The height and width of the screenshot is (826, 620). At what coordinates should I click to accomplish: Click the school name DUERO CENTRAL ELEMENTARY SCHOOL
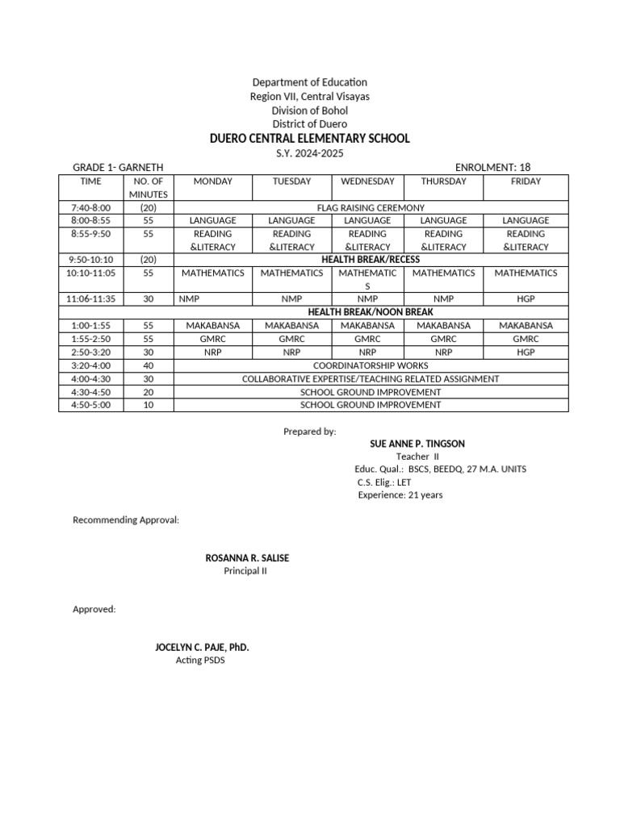coord(310,139)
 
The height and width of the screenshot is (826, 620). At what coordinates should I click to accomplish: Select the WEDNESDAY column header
coord(367,181)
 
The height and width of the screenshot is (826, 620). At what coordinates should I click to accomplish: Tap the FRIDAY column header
coord(526,181)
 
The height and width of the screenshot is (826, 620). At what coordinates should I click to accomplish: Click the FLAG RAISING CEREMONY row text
coord(371,207)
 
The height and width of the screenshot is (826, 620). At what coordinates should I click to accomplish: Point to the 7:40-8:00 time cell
coord(90,207)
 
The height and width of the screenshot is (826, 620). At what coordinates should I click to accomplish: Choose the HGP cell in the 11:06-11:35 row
coord(526,298)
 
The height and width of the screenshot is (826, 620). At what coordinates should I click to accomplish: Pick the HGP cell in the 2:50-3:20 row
coord(526,352)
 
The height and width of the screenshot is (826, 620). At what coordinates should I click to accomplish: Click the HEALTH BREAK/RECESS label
coord(371,260)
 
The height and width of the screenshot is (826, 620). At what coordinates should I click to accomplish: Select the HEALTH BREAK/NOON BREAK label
coord(371,312)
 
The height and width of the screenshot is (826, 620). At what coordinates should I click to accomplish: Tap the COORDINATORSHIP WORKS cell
coord(371,365)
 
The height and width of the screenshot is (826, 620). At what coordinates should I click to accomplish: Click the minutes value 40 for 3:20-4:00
coord(148,365)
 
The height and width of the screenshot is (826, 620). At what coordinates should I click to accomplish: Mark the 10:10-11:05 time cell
coord(90,273)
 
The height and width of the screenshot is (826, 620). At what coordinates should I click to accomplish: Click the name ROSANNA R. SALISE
coord(247,558)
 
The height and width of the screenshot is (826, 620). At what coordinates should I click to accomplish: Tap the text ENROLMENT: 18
coord(492,167)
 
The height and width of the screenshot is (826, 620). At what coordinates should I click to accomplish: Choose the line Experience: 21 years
coord(400,495)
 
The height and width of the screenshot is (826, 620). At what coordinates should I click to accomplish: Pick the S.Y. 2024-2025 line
coord(310,153)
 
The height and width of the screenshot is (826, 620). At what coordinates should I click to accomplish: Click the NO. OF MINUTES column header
coord(148,188)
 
